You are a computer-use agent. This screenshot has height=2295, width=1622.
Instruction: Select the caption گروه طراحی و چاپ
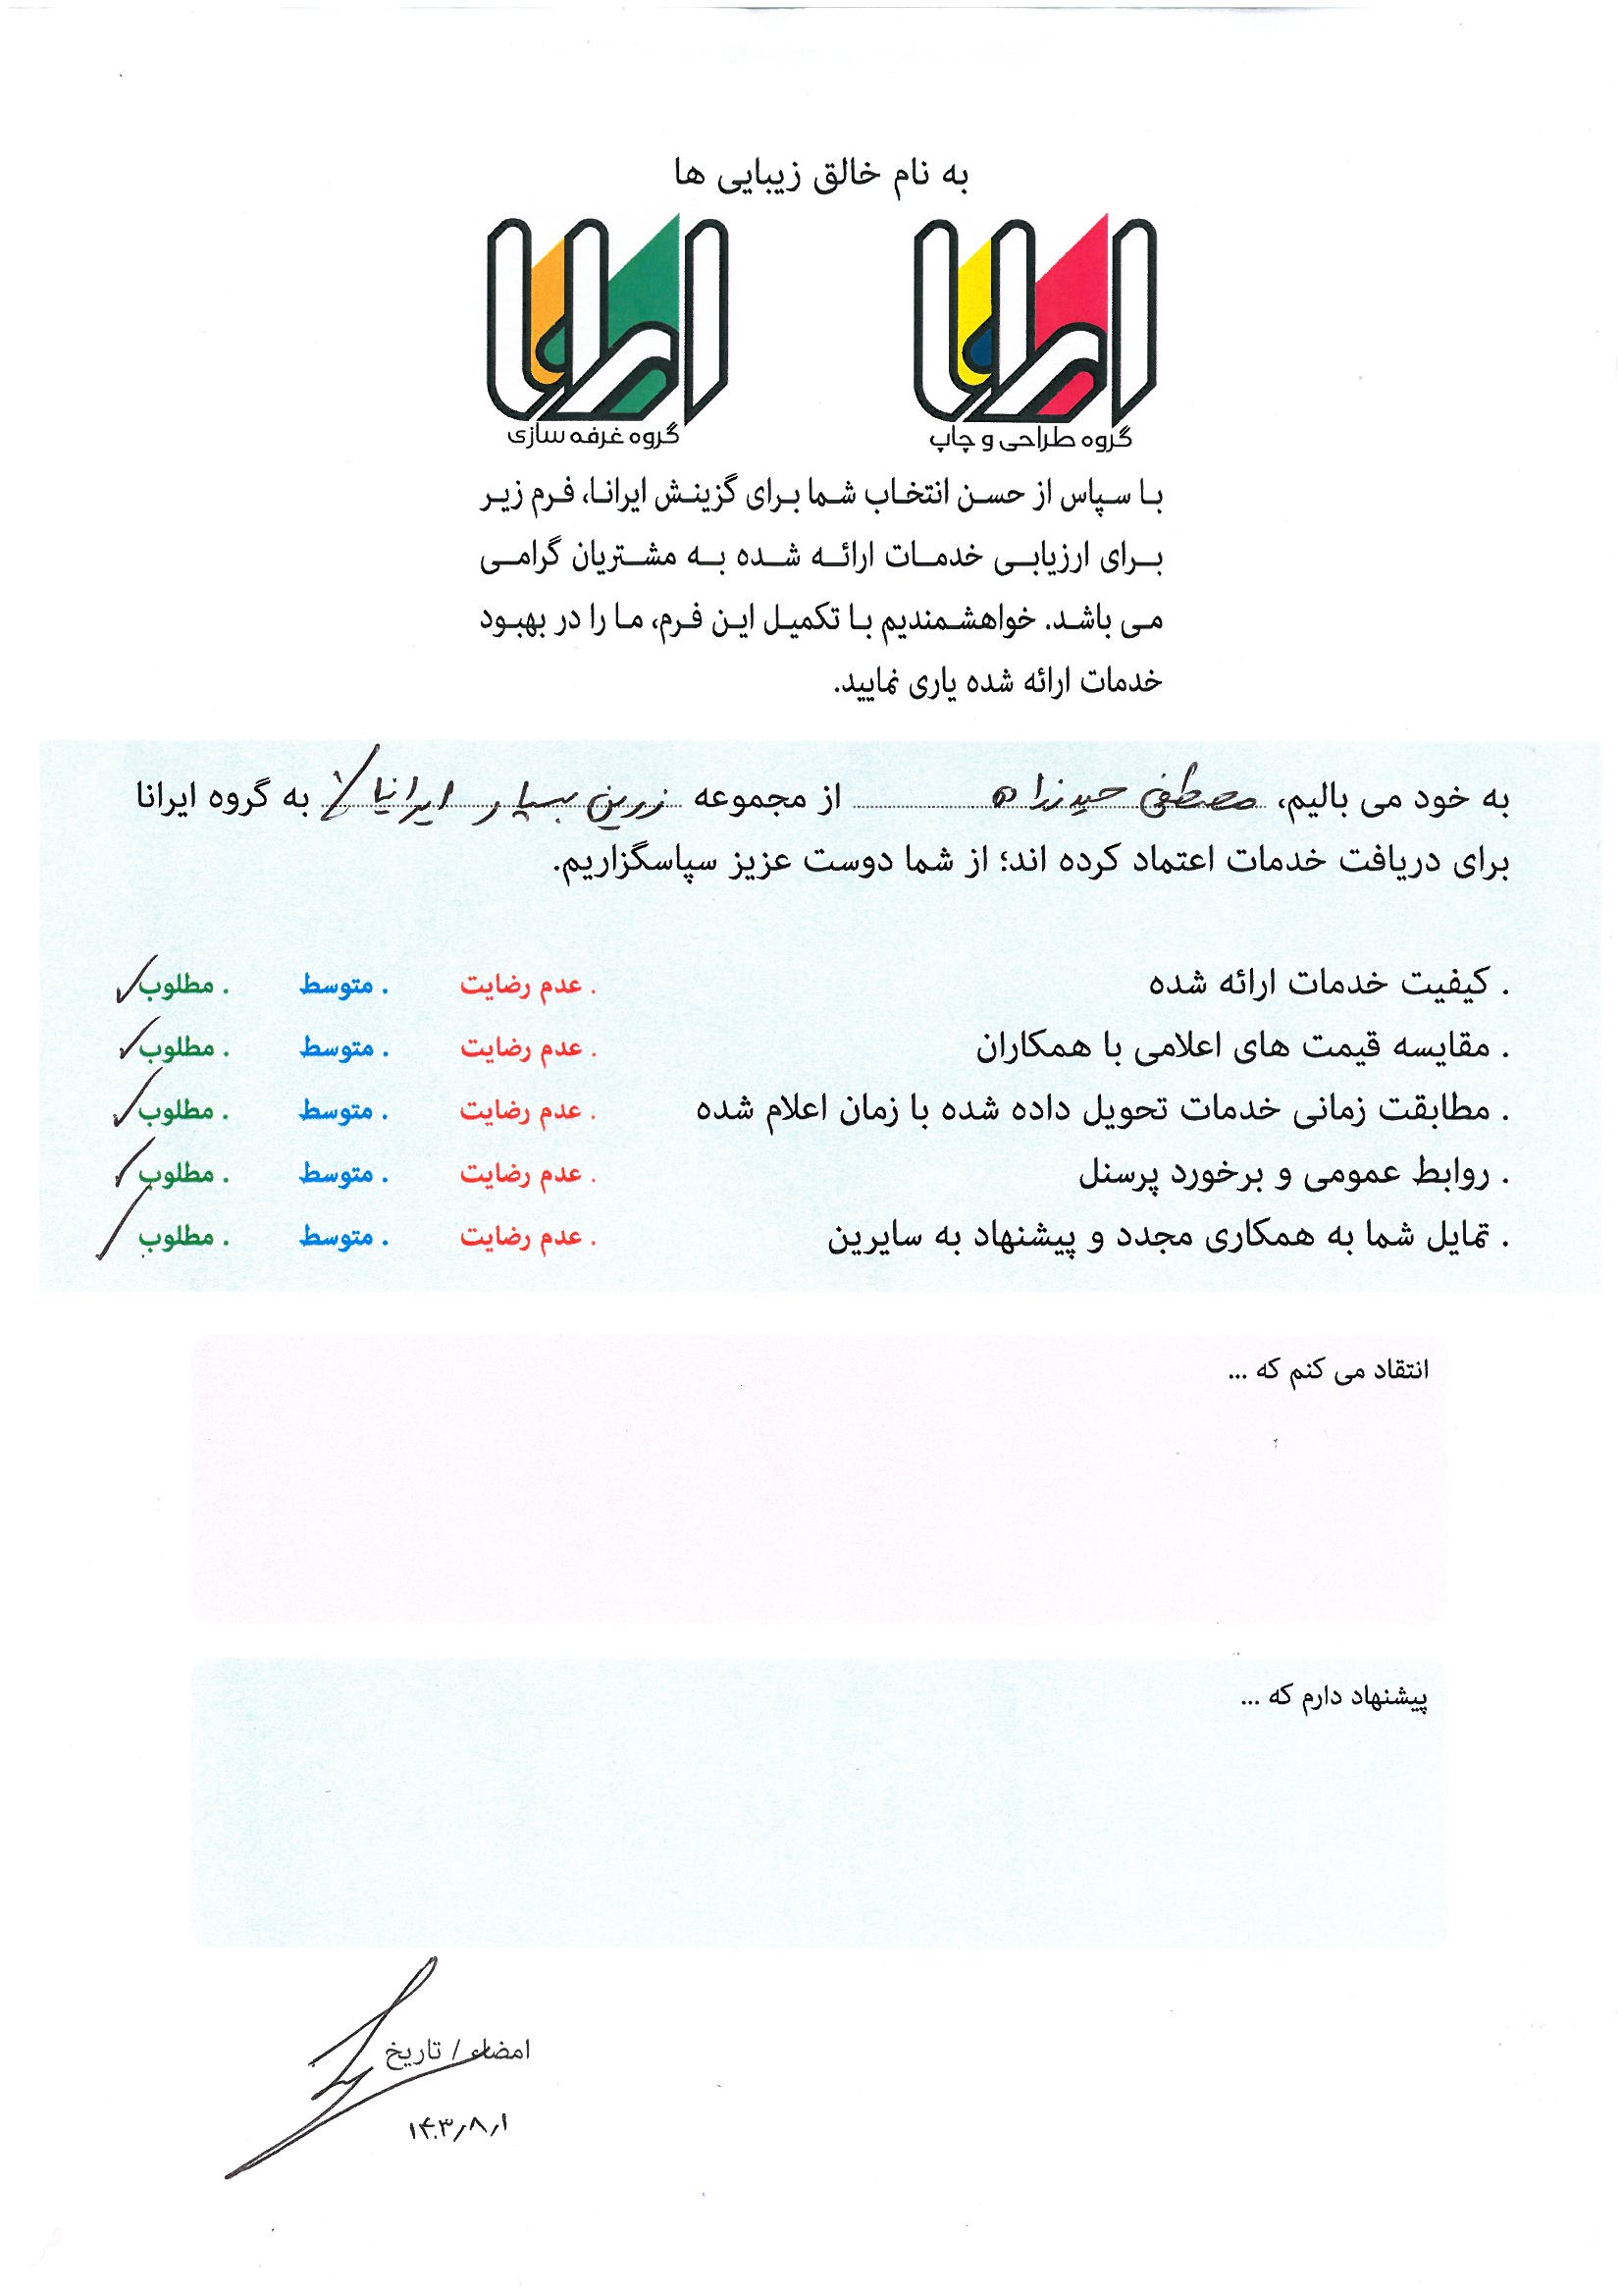click(x=1030, y=437)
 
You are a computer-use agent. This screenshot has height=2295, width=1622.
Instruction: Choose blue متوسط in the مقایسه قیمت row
click(x=337, y=1048)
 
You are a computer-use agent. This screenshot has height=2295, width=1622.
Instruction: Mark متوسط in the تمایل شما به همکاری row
click(x=337, y=1238)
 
